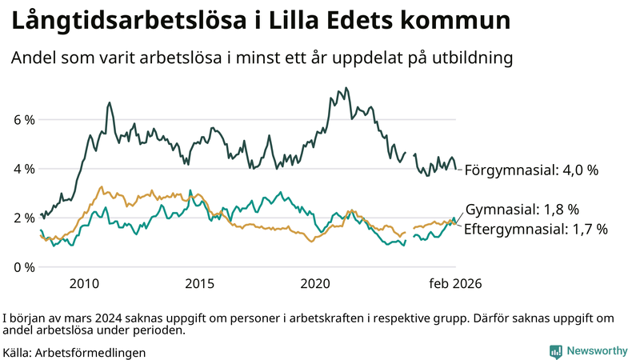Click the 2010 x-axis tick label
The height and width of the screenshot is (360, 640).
click(x=84, y=284)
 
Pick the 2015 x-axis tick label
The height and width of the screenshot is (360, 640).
click(x=199, y=284)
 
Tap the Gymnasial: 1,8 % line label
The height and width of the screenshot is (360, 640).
click(x=522, y=210)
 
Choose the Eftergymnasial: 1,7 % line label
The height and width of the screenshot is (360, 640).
click(x=536, y=229)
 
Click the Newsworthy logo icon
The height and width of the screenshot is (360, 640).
click(x=555, y=351)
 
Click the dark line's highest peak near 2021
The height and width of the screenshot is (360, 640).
click(x=346, y=88)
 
